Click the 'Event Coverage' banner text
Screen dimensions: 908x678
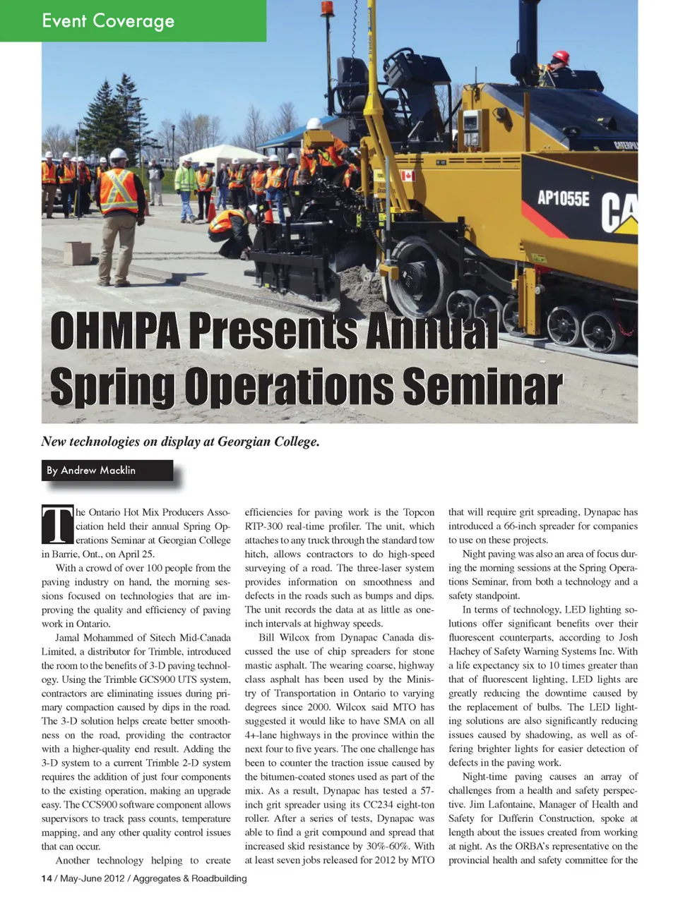coord(108,20)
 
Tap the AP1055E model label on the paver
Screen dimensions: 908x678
coord(563,198)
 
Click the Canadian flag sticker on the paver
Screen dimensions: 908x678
coord(408,175)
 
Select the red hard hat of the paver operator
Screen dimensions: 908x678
coord(561,56)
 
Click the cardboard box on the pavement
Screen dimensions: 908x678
coord(76,252)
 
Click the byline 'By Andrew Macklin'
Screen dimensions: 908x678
coord(91,471)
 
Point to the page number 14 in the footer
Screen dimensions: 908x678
coord(47,878)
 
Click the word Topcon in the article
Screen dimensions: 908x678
coord(419,512)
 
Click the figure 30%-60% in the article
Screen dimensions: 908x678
coord(386,846)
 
